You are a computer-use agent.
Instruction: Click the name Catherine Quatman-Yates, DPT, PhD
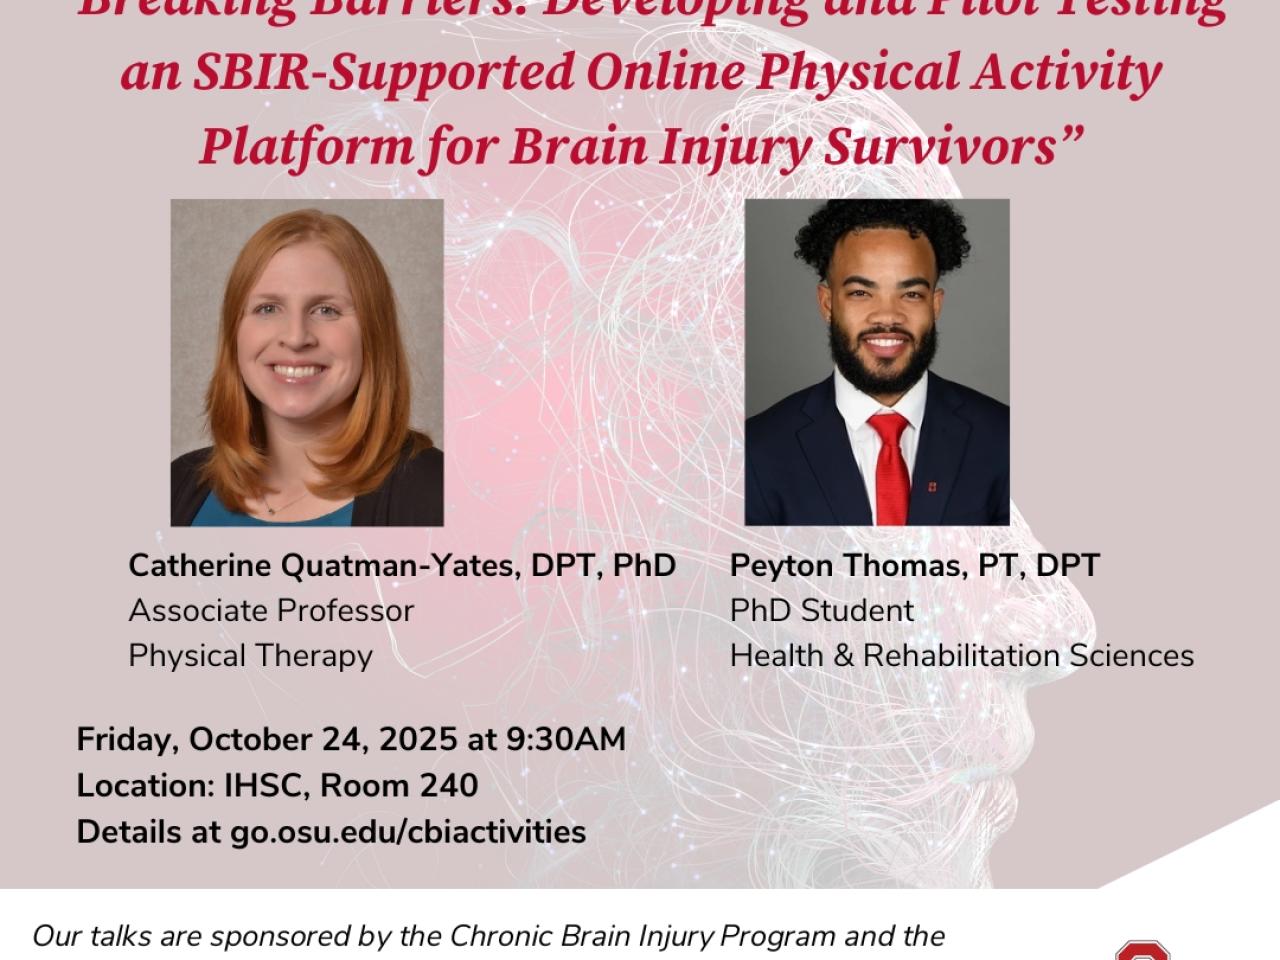point(402,565)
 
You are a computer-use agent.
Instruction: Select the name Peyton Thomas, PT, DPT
point(914,565)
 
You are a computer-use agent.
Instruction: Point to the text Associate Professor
point(271,610)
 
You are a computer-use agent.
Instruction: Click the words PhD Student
point(821,610)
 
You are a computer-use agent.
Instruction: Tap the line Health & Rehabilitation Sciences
point(961,655)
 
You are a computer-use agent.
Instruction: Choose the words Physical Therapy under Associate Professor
point(250,655)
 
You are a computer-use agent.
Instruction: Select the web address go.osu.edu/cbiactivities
point(408,831)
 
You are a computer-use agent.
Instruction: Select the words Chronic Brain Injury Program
point(641,936)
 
